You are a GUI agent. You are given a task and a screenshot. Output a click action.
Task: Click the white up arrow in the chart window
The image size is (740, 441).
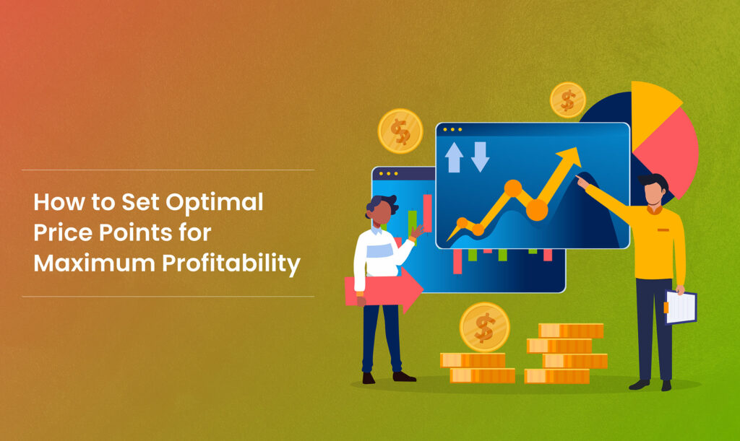(x=454, y=157)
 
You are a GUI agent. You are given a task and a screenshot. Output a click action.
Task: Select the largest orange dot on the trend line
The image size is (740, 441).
(x=537, y=209)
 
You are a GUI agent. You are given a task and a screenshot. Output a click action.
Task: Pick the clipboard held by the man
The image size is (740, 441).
(x=680, y=307)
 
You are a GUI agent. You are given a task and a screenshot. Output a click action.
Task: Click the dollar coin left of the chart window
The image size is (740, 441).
(x=400, y=131)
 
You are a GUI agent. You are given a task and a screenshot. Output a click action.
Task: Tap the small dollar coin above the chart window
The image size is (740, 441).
(x=567, y=100)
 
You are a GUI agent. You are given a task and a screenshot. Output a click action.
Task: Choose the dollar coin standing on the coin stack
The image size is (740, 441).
(x=484, y=327)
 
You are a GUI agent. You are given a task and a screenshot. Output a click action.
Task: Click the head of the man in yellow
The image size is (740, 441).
(x=654, y=191)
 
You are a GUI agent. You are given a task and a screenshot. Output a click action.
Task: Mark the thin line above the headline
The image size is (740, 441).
(x=168, y=170)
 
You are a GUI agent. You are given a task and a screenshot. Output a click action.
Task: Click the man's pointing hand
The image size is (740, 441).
(x=582, y=182)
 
